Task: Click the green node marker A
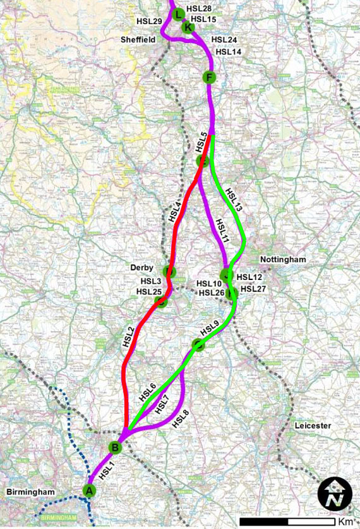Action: click(89, 490)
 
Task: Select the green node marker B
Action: click(115, 447)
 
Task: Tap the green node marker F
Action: click(210, 78)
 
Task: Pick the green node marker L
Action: click(177, 14)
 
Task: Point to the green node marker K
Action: click(187, 27)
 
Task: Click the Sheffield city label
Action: click(138, 39)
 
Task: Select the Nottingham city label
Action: click(282, 260)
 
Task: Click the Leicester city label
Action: click(312, 426)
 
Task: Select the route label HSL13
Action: click(233, 199)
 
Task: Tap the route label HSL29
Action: click(149, 21)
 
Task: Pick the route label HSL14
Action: click(228, 52)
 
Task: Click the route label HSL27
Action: click(254, 289)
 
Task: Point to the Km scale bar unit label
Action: click(345, 522)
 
